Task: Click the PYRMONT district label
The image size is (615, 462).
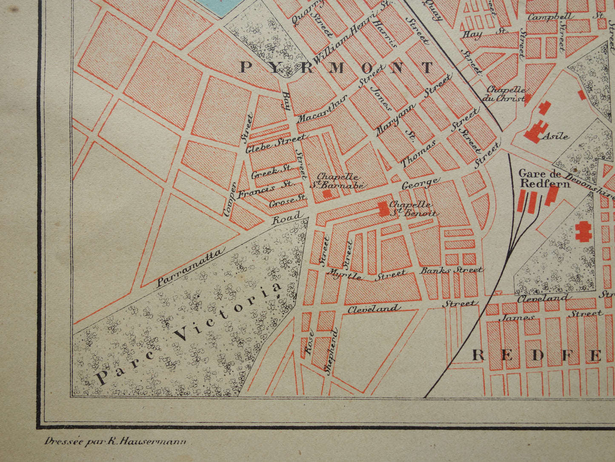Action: pos(336,67)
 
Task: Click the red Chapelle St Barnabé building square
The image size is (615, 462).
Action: pos(327,193)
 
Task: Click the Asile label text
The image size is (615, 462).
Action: pos(555,137)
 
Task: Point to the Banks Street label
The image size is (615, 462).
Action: pos(451,270)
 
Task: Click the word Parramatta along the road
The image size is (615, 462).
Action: pos(189,268)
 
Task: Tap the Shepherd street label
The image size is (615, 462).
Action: pos(332,351)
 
